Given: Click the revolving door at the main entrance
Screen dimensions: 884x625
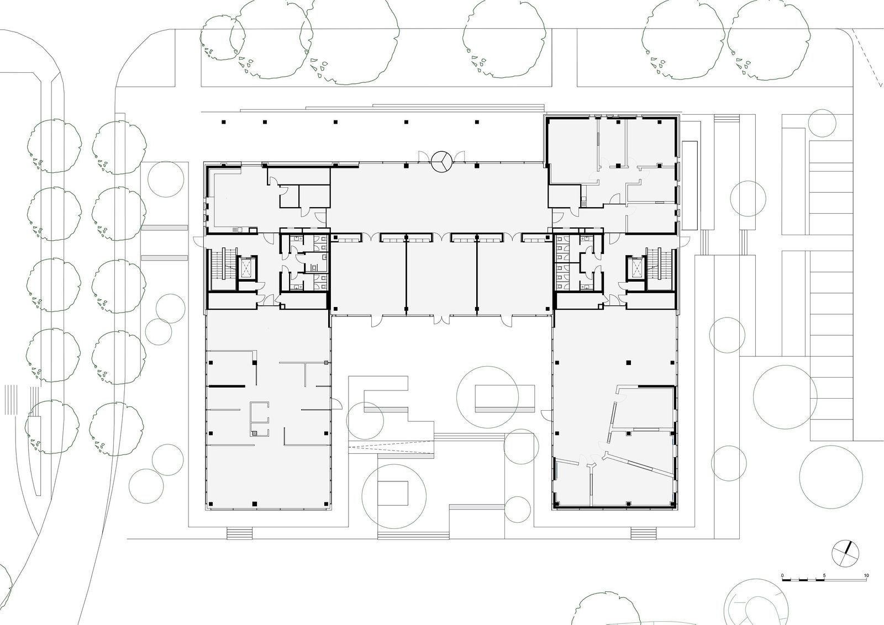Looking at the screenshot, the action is [441, 162].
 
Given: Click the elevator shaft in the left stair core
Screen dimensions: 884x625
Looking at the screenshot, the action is [246, 267].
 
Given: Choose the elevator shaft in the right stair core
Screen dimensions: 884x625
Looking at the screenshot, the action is [635, 267].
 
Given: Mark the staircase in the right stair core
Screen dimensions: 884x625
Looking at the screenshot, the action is [660, 263].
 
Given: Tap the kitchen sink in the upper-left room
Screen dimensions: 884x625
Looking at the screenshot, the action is [236, 230].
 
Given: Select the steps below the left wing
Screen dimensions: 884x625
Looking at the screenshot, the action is [240, 533].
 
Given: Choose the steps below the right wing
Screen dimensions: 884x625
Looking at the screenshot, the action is [644, 533].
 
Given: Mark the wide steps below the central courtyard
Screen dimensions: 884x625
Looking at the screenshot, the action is [413, 535].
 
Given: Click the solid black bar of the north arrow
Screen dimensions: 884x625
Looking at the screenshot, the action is [848, 548].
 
